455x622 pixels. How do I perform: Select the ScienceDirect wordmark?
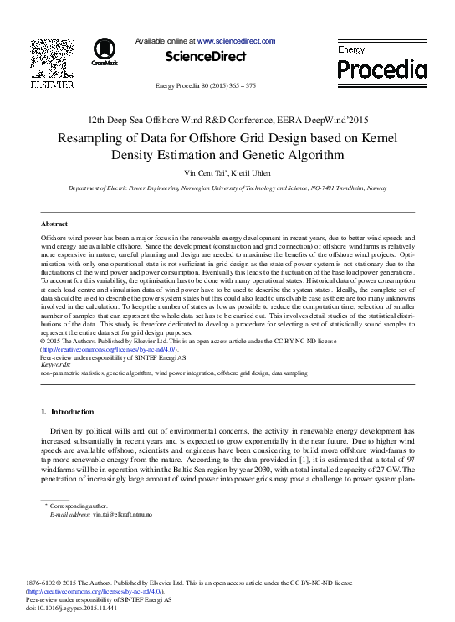(x=206, y=57)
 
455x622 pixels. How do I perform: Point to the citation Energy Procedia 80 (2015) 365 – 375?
(x=206, y=86)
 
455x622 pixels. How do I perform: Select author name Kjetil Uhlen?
(x=250, y=172)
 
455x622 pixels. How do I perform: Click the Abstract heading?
(x=54, y=224)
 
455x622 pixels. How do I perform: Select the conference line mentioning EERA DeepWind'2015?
(x=227, y=121)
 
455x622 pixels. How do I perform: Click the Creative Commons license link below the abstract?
(x=108, y=349)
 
